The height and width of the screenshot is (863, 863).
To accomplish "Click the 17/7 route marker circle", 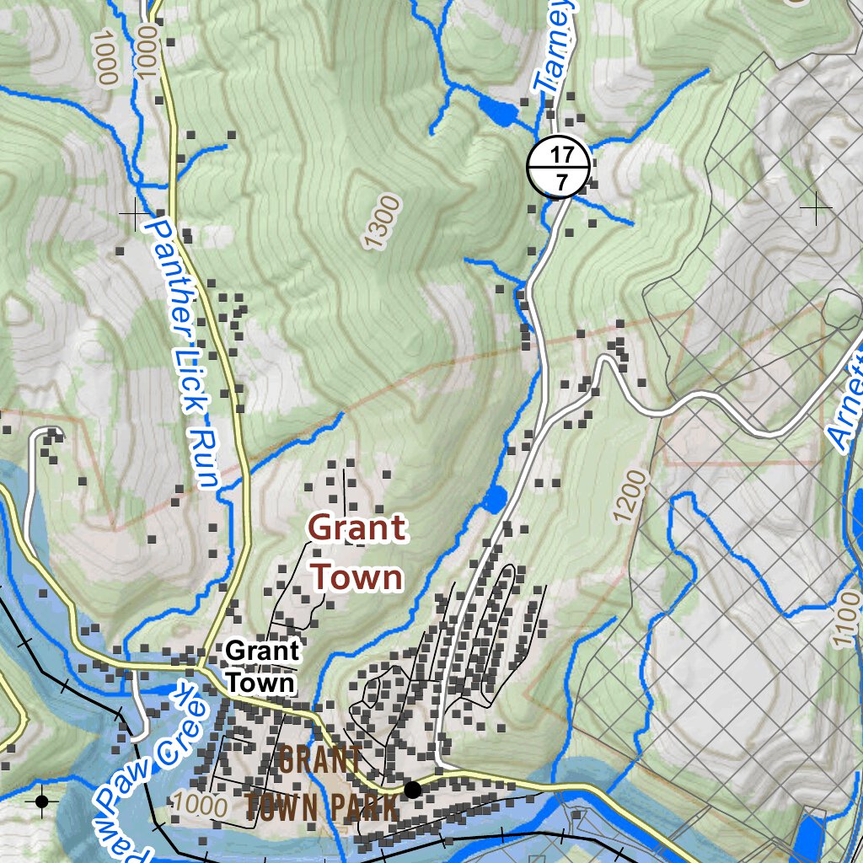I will pos(557,166).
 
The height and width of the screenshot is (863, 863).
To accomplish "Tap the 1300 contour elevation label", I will pos(382,222).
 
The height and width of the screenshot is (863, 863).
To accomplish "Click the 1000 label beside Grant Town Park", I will pos(198,804).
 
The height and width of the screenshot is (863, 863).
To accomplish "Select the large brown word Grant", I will pos(356,529).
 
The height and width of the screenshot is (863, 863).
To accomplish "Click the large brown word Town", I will pos(356,578).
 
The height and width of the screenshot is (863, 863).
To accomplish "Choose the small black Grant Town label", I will pos(262,666).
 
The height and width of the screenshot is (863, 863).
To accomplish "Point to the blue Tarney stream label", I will pos(556,46).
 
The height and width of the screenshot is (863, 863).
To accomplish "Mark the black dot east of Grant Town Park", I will pos(412,790).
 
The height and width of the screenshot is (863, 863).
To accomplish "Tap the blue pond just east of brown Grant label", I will pos(494,498).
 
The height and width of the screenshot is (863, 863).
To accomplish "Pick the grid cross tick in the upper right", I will pos(815,207).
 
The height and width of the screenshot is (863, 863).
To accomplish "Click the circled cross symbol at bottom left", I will pos(41,801).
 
